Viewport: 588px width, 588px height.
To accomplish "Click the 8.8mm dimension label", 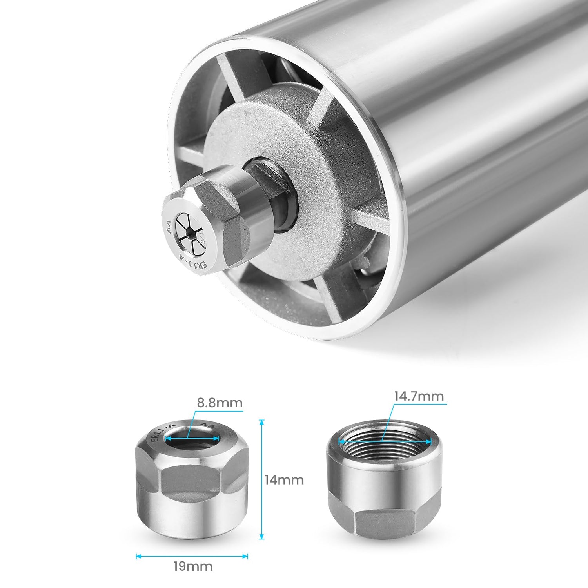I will tap(220, 403).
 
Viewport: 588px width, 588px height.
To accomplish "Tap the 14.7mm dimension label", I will tap(419, 396).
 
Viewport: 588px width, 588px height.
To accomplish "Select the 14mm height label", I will tap(284, 480).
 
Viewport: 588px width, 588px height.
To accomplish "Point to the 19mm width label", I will tap(193, 566).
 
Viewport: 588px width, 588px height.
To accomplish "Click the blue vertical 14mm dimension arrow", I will tap(262, 479).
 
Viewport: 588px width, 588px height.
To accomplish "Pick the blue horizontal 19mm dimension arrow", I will tap(192, 556).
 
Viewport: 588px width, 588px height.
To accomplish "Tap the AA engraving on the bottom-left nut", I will tap(207, 426).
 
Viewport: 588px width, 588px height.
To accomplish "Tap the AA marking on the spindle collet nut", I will tap(169, 227).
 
